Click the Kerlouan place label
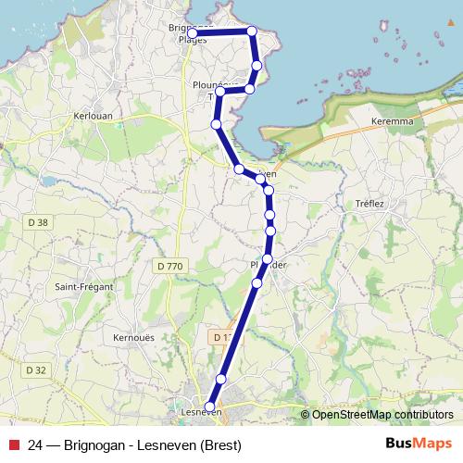(x=92, y=117)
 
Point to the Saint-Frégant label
(x=83, y=287)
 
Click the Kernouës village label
(x=131, y=337)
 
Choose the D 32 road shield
(x=36, y=369)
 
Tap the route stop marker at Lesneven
(x=210, y=407)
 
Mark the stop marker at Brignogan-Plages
(x=192, y=33)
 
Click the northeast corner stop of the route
(x=251, y=31)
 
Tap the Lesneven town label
(x=194, y=415)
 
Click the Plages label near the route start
(x=192, y=41)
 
